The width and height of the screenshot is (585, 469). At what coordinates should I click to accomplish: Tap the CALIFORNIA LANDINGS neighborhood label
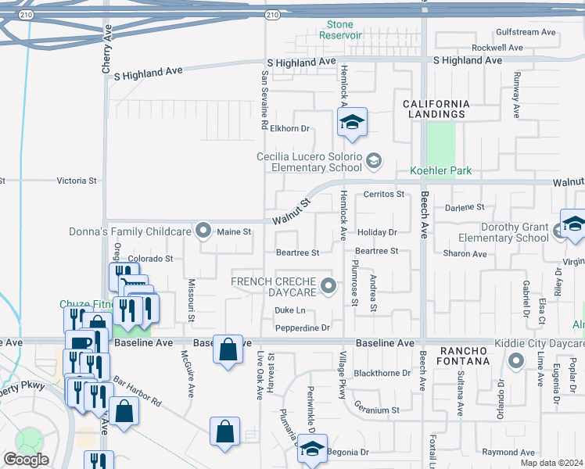click(436, 109)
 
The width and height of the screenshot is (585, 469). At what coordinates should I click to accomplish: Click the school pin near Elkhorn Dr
click(352, 123)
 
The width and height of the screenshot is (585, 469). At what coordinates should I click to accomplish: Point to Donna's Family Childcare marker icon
click(204, 230)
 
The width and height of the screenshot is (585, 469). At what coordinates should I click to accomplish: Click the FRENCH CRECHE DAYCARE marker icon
click(329, 286)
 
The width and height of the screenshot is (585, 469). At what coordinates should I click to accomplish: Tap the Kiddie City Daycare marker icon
click(515, 361)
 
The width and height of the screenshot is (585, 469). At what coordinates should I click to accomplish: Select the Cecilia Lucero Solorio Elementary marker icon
click(374, 161)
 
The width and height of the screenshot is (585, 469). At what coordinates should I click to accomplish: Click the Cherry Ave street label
click(108, 49)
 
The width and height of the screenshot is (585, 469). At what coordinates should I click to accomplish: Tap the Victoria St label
click(77, 181)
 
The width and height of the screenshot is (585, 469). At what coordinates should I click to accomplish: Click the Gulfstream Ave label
click(526, 33)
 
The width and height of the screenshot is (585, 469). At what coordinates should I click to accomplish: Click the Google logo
click(25, 460)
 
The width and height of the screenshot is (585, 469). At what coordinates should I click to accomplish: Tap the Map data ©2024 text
click(551, 463)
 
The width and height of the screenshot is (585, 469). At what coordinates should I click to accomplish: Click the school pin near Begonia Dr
click(313, 449)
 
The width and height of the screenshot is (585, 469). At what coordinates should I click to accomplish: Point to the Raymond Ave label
click(508, 453)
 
